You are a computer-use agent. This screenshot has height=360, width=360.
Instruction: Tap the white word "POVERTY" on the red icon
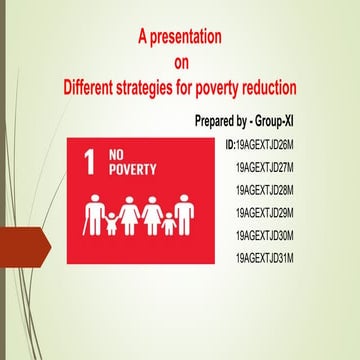point(132,170)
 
